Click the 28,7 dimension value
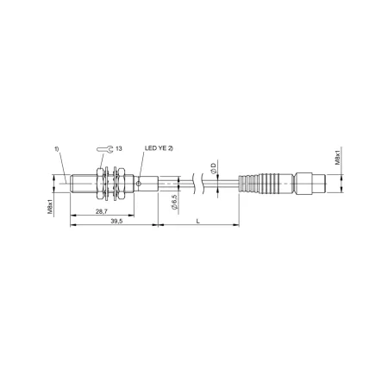pos(102,211)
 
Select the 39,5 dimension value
pos(116,221)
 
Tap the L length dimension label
pos(197,221)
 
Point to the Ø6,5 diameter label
pos(174,202)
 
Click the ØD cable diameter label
pos(213,168)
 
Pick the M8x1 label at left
pos(50,207)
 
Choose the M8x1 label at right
pos(338,157)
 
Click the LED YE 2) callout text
pos(159,148)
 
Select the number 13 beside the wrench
pos(119,148)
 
